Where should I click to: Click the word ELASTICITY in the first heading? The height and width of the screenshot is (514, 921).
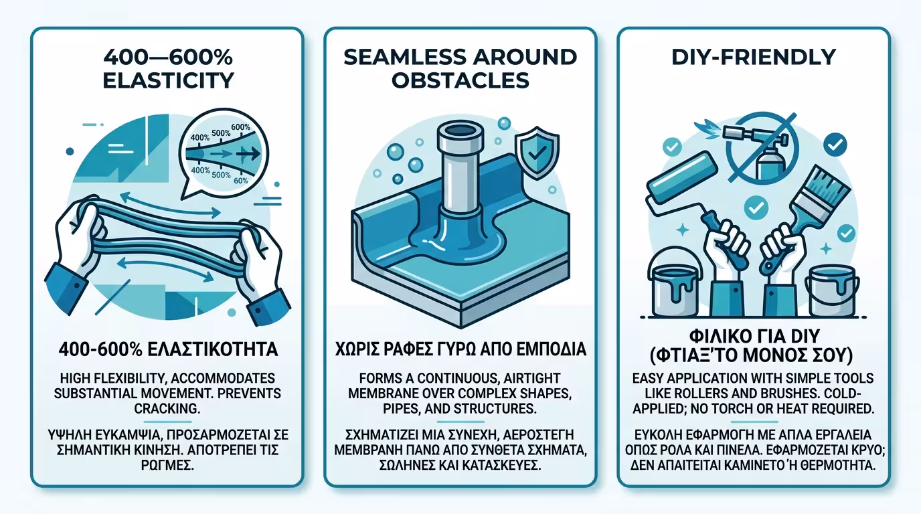[168, 80]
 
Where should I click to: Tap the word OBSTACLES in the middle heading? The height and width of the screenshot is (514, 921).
[460, 80]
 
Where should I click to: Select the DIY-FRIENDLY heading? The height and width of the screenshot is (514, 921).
[753, 57]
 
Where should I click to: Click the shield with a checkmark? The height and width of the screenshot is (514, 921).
[536, 153]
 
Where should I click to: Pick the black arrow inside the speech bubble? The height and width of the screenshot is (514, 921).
[248, 154]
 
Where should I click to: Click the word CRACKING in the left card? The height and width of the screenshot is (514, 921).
[167, 409]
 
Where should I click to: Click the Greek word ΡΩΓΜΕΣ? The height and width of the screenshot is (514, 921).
[167, 466]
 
